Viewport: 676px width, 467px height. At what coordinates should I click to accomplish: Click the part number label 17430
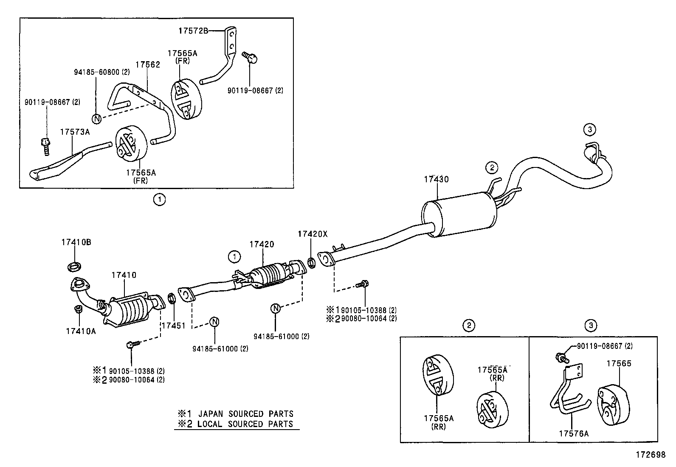tap(436, 179)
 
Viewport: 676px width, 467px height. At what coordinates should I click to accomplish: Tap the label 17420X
tap(313, 234)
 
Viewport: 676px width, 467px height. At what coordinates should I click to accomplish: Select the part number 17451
tap(173, 325)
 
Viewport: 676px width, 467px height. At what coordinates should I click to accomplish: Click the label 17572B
tap(193, 31)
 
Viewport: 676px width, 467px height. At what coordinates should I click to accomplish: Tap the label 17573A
tap(75, 132)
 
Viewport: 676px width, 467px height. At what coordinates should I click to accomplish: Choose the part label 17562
tap(148, 65)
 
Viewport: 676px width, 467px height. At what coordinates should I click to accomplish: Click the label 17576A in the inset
tap(573, 433)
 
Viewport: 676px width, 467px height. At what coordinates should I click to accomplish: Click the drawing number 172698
tap(650, 455)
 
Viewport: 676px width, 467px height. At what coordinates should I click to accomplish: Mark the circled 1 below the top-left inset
tap(159, 199)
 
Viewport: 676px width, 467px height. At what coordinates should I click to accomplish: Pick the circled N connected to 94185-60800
tap(97, 119)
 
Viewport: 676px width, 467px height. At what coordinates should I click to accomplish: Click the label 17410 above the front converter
tap(124, 275)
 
